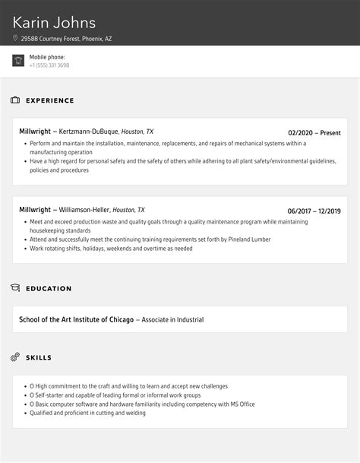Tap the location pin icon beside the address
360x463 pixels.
(15, 38)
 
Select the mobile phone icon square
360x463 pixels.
(18, 61)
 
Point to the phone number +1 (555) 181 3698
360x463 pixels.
(49, 65)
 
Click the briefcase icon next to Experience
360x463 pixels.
(15, 100)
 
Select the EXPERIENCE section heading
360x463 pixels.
(50, 100)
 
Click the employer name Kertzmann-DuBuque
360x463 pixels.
(87, 132)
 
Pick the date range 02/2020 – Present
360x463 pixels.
(314, 132)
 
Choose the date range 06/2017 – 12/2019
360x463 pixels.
(314, 211)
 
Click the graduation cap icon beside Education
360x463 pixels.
(15, 288)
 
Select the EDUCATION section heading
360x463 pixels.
(49, 289)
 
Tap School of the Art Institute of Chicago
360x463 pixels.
(76, 319)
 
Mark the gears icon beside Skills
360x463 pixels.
(15, 357)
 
